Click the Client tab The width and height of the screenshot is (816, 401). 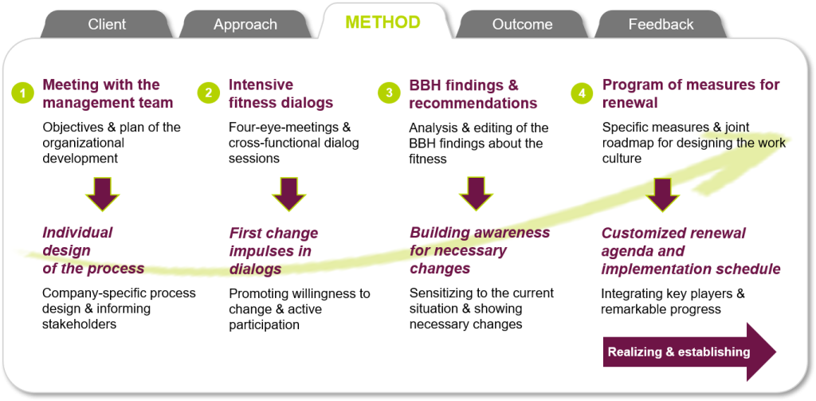pos(107,25)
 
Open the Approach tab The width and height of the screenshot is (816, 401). pos(245,25)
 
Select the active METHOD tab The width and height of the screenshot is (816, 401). pos(383,22)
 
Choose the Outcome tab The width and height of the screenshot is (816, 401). pos(522,25)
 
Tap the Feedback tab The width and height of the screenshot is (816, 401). pos(661,25)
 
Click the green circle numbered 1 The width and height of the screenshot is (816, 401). pos(22,94)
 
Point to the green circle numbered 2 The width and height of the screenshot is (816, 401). pos(208,94)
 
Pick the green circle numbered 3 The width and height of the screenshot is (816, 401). pos(389,94)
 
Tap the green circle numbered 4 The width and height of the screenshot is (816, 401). pos(581,94)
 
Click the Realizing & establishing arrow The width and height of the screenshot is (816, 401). pos(689,352)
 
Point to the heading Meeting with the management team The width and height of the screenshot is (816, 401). pos(108,94)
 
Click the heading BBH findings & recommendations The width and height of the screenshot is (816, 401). pos(473,94)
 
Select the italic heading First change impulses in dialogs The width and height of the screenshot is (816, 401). pos(274,250)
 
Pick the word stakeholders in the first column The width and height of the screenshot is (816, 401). pos(79,324)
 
